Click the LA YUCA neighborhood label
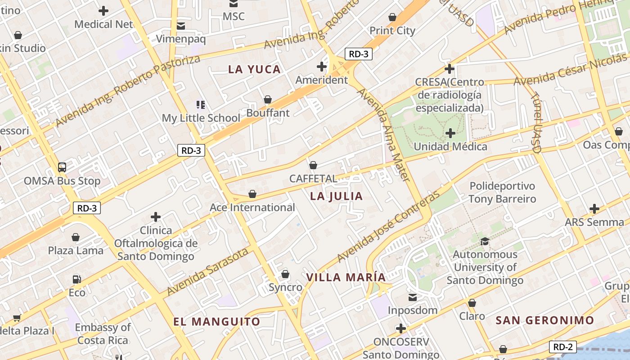tap(254, 69)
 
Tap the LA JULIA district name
tap(336, 196)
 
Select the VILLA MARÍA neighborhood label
tap(346, 277)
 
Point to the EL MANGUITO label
tap(217, 321)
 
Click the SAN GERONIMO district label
tap(545, 320)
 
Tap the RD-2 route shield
tap(563, 347)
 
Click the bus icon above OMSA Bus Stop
tap(62, 167)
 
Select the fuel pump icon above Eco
tap(77, 279)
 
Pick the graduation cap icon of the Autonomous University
tap(485, 241)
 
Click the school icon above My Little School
tap(201, 105)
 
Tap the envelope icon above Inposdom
tap(413, 297)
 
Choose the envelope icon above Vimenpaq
tap(181, 26)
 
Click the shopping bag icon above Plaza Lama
tap(76, 237)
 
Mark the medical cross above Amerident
tap(321, 67)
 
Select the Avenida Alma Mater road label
tap(383, 135)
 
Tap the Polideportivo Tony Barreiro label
tap(502, 193)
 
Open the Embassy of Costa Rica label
tap(103, 334)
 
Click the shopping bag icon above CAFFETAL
tap(313, 165)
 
